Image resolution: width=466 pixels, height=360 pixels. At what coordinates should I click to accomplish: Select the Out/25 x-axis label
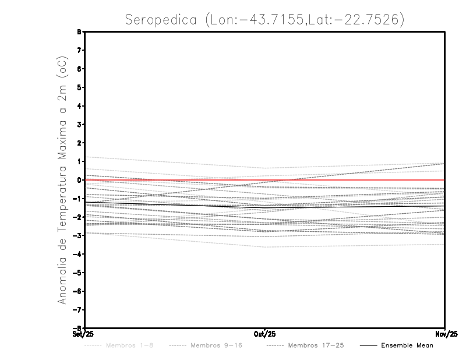pyautogui.click(x=265, y=334)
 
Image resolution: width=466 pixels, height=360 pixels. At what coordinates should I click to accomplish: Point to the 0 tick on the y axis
pyautogui.click(x=80, y=180)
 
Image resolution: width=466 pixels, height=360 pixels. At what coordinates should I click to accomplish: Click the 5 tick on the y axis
pyautogui.click(x=80, y=87)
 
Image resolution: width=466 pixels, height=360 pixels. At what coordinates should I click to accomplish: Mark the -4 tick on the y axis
pyautogui.click(x=78, y=254)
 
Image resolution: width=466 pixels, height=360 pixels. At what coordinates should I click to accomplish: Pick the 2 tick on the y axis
pyautogui.click(x=80, y=143)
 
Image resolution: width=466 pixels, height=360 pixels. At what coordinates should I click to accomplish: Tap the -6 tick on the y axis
pyautogui.click(x=78, y=291)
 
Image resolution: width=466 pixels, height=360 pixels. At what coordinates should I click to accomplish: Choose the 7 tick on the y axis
pyautogui.click(x=80, y=51)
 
